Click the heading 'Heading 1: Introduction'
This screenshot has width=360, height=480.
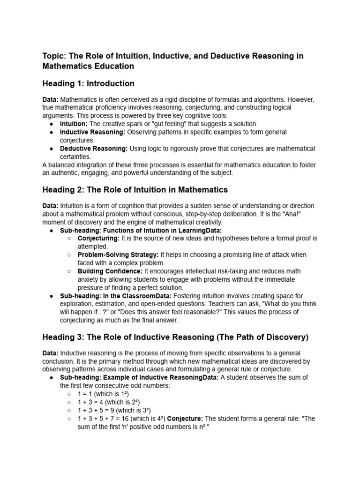88,83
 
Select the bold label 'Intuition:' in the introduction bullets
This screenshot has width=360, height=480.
74,124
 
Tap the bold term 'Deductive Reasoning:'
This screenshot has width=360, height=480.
94,148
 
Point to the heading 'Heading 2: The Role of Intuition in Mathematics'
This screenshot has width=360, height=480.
128,190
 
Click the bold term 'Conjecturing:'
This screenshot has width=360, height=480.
98,238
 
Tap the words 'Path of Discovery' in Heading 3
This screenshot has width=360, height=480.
273,337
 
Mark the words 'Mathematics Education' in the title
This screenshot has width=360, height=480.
88,66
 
